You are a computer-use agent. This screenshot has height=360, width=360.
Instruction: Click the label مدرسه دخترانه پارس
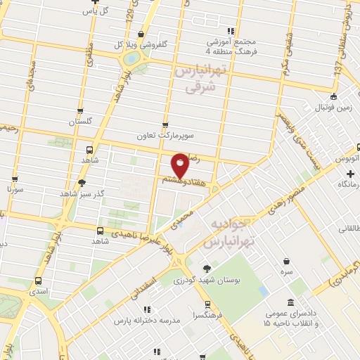pos(142,320)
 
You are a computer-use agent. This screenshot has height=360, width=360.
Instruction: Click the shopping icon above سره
pos(286,262)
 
